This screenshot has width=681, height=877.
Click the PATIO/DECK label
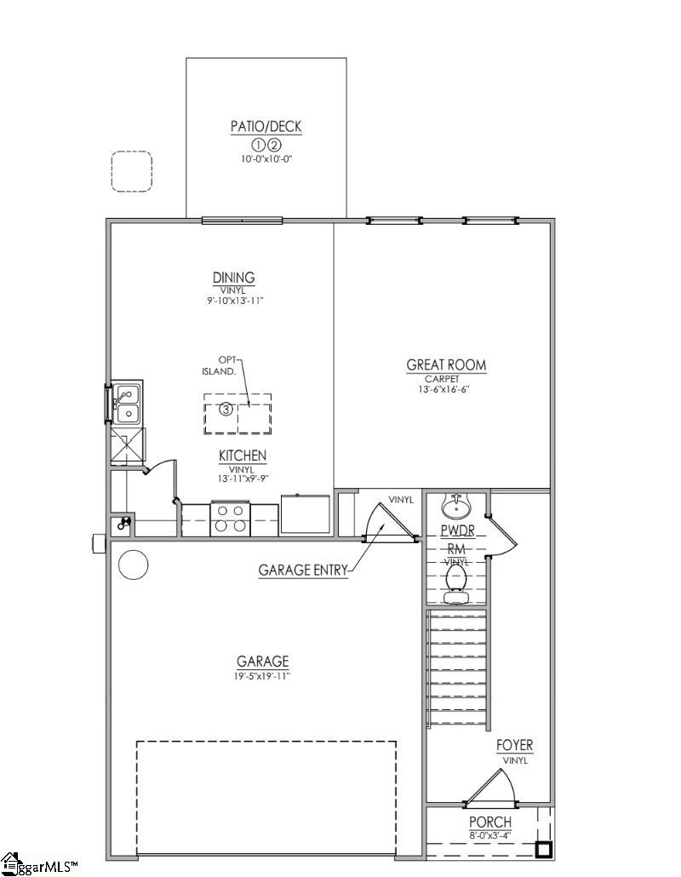pyautogui.click(x=266, y=127)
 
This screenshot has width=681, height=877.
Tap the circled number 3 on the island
pyautogui.click(x=226, y=410)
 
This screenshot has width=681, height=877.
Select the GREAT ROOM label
pyautogui.click(x=446, y=365)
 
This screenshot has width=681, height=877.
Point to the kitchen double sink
pyautogui.click(x=126, y=404)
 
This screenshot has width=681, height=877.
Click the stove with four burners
pyautogui.click(x=231, y=519)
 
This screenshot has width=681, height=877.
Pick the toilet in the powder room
pyautogui.click(x=455, y=581)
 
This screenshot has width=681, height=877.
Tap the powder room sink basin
pyautogui.click(x=455, y=508)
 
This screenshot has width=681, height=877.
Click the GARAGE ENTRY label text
pyautogui.click(x=303, y=570)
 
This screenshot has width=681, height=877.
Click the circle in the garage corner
pyautogui.click(x=133, y=565)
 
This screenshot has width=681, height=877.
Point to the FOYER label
pyautogui.click(x=514, y=746)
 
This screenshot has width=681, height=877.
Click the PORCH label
pyautogui.click(x=490, y=822)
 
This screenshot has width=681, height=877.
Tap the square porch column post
pyautogui.click(x=542, y=849)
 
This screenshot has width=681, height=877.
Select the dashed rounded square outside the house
pyautogui.click(x=131, y=171)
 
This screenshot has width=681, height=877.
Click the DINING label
pyautogui.click(x=233, y=278)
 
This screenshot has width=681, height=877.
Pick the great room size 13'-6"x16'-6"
pyautogui.click(x=446, y=389)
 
